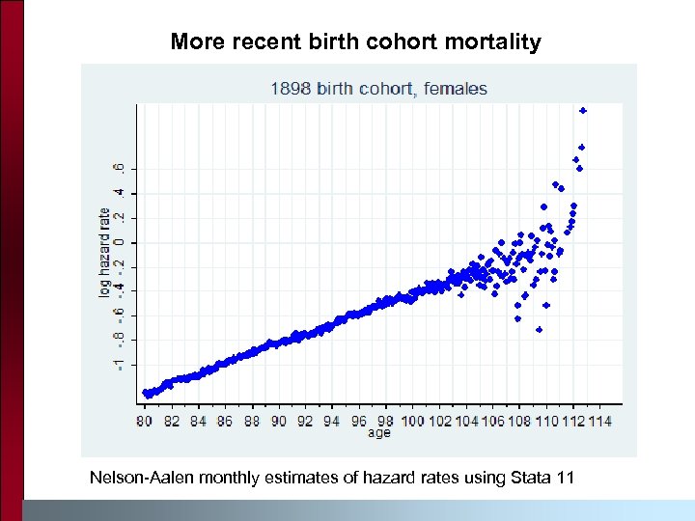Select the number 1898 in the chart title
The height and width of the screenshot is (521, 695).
coord(290,89)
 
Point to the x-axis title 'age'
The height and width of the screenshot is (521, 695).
coord(378,433)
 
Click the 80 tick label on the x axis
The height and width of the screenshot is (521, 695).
coord(145,421)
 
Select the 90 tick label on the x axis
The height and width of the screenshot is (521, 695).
coord(279,421)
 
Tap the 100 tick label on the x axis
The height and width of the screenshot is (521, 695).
coord(412,421)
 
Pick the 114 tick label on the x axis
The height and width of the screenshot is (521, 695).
coord(599,421)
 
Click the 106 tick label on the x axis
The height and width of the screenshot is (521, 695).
coord(492,421)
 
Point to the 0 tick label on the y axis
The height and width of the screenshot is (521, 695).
coord(118,242)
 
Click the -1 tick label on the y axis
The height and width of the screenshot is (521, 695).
coord(118,364)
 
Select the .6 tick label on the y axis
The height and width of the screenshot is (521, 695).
coord(118,168)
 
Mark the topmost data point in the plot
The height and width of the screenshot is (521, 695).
coord(583,111)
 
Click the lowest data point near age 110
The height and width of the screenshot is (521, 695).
coord(539,330)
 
